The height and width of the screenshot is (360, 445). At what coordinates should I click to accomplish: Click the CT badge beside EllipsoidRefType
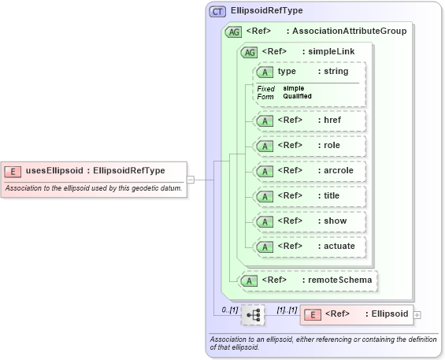(217, 12)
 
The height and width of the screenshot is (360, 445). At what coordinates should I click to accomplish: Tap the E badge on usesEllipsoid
(13, 170)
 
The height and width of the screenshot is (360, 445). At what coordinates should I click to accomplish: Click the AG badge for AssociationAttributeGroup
(233, 32)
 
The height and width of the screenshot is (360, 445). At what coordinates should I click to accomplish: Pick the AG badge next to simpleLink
(249, 52)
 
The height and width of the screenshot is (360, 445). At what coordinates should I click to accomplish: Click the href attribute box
(308, 121)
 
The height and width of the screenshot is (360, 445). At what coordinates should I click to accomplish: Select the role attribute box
(308, 146)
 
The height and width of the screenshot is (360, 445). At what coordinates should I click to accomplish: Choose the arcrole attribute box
(308, 170)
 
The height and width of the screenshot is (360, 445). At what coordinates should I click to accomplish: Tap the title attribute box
(308, 195)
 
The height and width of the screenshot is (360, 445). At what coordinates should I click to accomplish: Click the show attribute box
(308, 221)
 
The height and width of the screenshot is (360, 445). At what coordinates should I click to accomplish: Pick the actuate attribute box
(308, 246)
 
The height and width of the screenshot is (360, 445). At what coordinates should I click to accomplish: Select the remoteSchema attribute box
(308, 280)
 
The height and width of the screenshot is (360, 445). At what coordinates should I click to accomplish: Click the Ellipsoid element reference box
(356, 314)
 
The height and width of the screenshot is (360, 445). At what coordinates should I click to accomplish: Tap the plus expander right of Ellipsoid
(417, 315)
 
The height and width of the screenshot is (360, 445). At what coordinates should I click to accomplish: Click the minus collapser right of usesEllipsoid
(191, 180)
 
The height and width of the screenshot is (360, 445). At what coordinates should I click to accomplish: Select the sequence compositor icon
(253, 315)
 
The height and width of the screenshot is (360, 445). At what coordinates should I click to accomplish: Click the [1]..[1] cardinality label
(286, 310)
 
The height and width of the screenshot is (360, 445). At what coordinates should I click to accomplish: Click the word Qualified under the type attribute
(297, 96)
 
